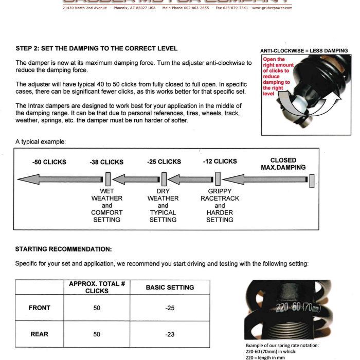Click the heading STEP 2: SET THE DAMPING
point(97,48)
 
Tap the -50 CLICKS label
point(49,162)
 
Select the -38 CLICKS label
point(106,162)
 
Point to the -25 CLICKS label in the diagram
point(164,161)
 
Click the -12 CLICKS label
point(220,161)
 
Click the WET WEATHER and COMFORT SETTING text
point(107,205)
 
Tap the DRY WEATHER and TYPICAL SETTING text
point(163,205)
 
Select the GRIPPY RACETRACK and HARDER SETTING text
point(220,205)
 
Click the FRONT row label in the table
point(40,308)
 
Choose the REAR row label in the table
point(40,334)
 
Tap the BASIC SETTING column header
point(170,287)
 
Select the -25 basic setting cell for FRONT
point(170,308)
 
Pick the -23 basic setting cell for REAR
point(170,334)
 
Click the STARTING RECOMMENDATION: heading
point(63,249)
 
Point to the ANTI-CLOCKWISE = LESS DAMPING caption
point(304,51)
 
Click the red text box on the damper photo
point(278,77)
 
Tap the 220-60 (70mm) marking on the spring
point(297,308)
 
